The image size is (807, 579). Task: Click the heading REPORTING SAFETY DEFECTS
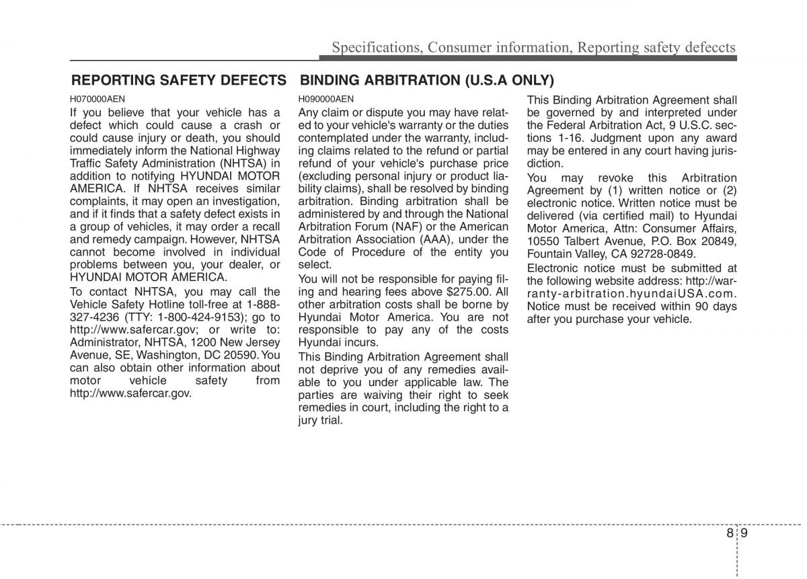[179, 81]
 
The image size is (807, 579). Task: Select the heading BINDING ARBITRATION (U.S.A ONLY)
[427, 81]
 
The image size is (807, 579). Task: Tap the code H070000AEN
[98, 99]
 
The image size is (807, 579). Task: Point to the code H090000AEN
[326, 99]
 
